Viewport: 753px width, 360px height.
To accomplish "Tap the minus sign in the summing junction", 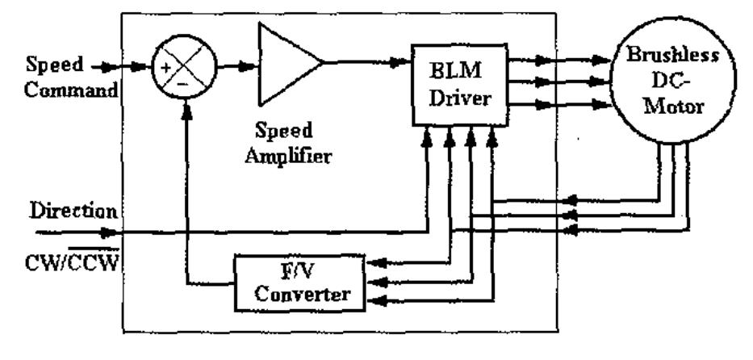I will tap(184, 82).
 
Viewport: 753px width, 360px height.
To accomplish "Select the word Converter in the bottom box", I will tap(299, 293).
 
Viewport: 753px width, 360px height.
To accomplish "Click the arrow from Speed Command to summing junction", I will tap(129, 69).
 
